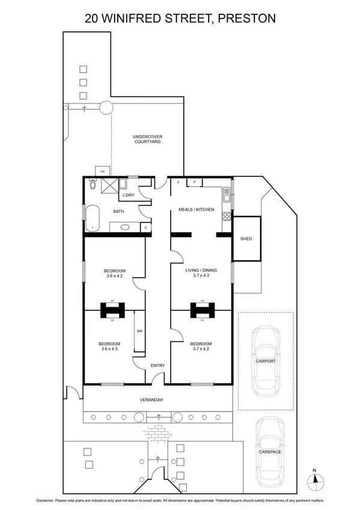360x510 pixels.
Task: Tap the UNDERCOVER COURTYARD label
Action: click(147, 140)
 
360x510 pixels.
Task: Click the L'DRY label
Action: click(128, 196)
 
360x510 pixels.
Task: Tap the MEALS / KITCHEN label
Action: click(196, 209)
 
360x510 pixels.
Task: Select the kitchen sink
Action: click(227, 194)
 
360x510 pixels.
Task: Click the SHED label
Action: click(246, 239)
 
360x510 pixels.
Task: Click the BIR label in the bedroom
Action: click(139, 331)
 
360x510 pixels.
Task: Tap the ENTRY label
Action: click(157, 366)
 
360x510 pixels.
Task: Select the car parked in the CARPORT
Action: click(265, 361)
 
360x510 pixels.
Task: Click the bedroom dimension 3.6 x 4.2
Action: click(114, 276)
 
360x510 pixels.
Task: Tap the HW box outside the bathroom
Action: click(102, 171)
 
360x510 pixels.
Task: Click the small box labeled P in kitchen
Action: click(194, 182)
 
